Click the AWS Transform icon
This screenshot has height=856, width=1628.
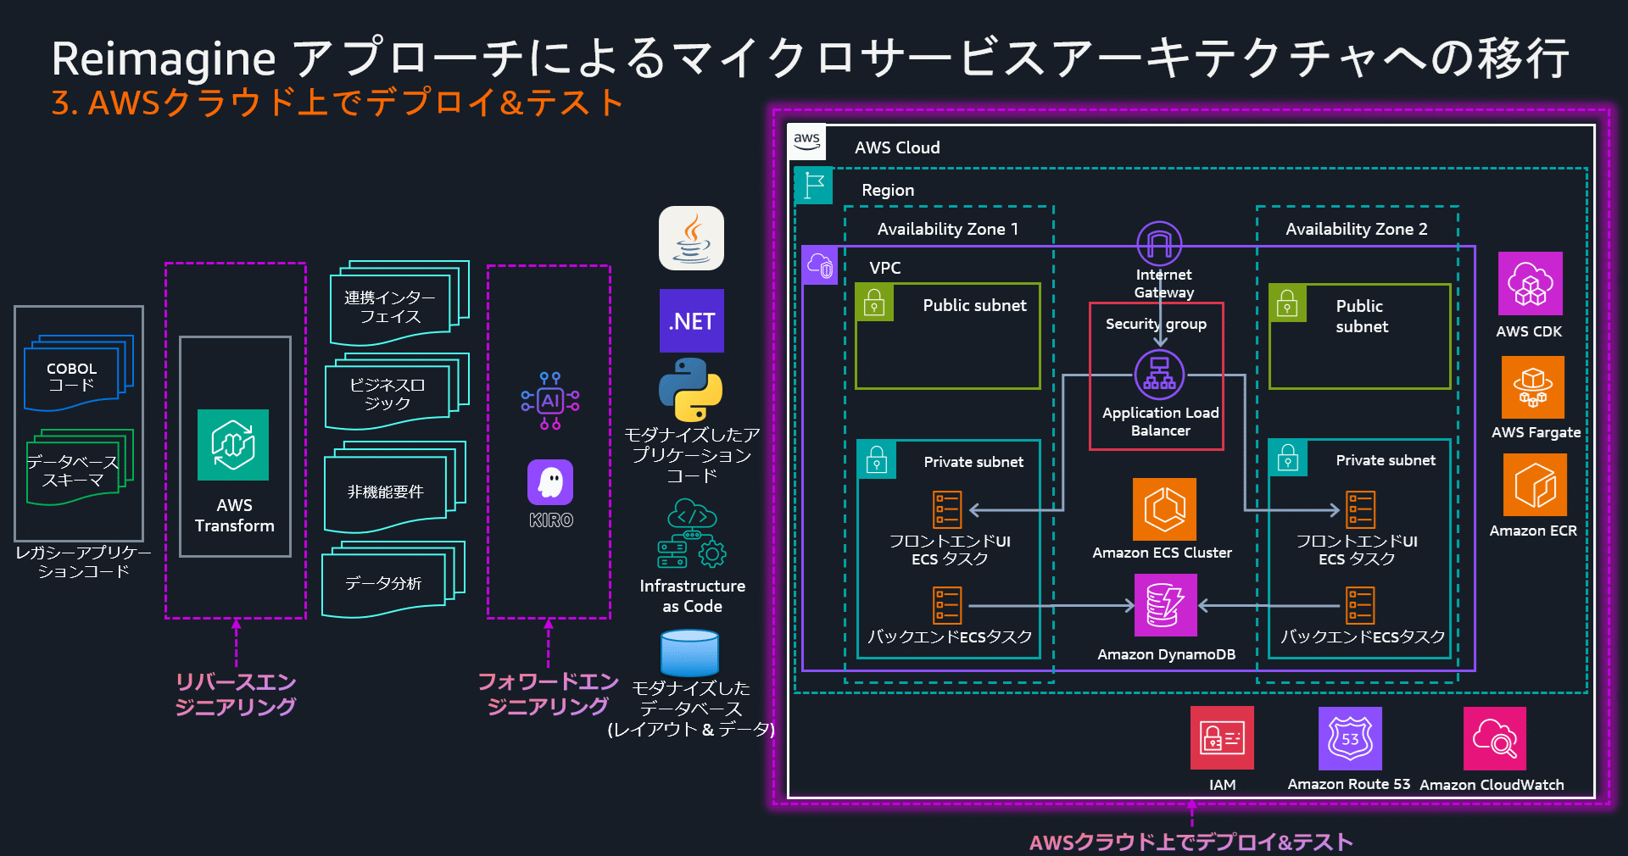point(233,445)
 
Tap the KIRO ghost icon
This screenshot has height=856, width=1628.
point(550,482)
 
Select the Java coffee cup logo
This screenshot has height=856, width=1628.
point(691,238)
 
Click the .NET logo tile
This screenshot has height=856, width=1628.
point(691,321)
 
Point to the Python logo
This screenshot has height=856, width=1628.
point(691,389)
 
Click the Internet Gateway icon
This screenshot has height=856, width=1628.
point(1159,244)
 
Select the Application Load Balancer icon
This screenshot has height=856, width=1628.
point(1159,374)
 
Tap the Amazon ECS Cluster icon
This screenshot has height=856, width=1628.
point(1164,509)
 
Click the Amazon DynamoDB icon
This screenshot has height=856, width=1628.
point(1165,605)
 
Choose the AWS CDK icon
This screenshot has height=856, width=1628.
point(1530,284)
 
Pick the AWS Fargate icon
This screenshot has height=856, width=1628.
point(1532,387)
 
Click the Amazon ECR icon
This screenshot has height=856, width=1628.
point(1534,485)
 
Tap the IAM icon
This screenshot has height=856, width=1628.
point(1222,738)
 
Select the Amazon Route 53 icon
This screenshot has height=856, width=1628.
point(1349,738)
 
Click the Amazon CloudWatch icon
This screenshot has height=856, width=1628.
point(1494,738)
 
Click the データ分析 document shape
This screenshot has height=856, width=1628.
point(386,583)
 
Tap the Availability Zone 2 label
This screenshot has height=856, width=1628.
point(1356,229)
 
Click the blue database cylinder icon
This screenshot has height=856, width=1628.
point(689,653)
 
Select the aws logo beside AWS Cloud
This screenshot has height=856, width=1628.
point(806,142)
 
